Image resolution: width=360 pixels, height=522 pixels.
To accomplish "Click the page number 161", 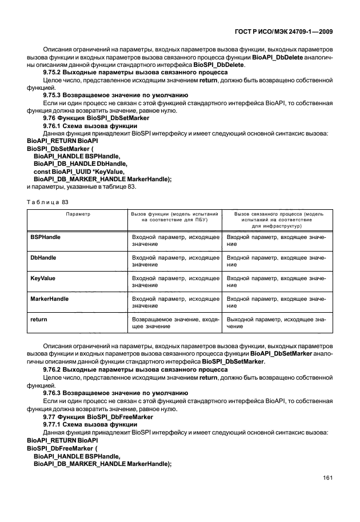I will (x=327, y=478).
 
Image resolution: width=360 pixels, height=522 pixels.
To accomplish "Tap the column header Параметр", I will (x=77, y=214).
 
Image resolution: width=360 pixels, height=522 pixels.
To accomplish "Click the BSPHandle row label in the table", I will (x=46, y=236).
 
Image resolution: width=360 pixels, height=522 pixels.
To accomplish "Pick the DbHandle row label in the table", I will (x=43, y=258).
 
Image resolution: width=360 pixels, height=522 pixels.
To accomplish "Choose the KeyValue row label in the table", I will (x=42, y=278).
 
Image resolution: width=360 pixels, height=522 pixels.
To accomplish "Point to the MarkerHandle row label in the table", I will (x=49, y=298).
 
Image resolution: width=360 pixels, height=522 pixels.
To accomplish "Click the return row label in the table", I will (x=38, y=319).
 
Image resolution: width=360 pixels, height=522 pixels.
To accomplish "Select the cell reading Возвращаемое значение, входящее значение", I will (x=174, y=322).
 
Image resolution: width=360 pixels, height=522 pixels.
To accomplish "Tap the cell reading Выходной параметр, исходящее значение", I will (x=276, y=322).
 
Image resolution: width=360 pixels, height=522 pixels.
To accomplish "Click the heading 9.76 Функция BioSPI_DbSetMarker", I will (x=88, y=118).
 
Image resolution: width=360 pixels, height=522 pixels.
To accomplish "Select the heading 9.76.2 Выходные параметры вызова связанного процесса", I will (x=127, y=370).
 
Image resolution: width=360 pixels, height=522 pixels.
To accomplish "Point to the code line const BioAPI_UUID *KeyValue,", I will (x=79, y=171).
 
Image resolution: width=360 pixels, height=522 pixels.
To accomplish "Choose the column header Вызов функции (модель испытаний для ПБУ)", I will (x=174, y=217).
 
